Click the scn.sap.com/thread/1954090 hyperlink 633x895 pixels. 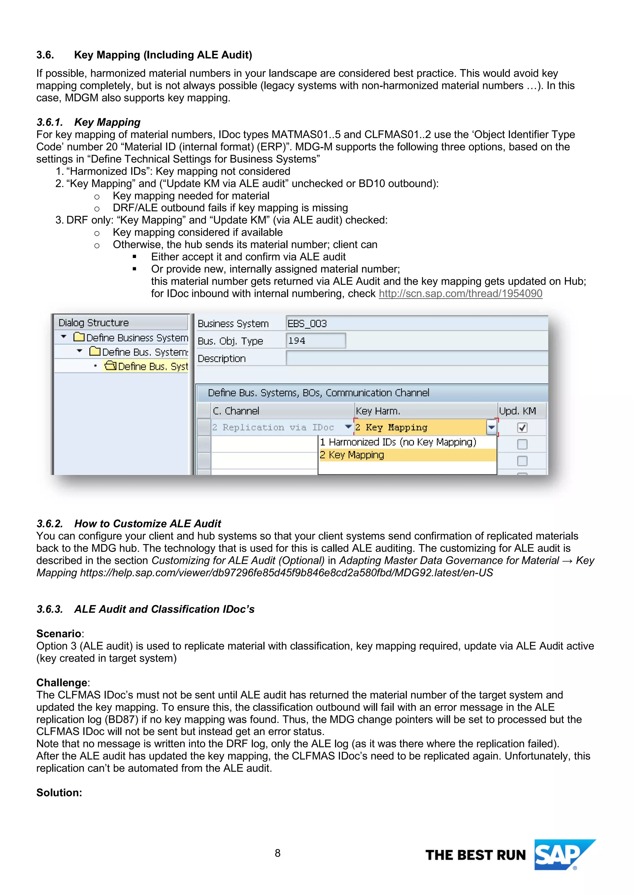460,293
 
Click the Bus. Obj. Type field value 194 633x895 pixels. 315,341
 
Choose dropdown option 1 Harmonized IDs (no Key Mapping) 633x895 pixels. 398,442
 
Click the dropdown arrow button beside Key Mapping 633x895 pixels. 491,428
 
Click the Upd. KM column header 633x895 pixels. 518,411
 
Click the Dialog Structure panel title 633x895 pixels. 94,323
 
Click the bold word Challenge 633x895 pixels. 62,682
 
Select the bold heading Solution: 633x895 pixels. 59,792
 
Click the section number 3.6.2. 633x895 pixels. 49,524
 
